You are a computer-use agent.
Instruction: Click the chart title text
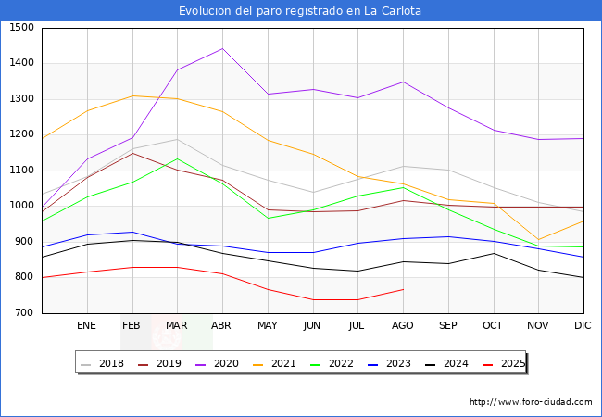pyautogui.click(x=300, y=11)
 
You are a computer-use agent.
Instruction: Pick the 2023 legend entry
pyautogui.click(x=395, y=363)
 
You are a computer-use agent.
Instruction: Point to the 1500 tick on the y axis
pyautogui.click(x=20, y=28)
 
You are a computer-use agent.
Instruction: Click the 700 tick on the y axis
pyautogui.click(x=24, y=313)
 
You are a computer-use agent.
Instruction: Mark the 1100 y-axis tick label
pyautogui.click(x=20, y=171)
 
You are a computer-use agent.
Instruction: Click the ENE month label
pyautogui.click(x=86, y=326)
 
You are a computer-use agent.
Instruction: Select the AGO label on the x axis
pyautogui.click(x=403, y=326)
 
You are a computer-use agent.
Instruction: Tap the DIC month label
pyautogui.click(x=583, y=326)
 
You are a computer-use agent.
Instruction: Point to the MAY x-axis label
pyautogui.click(x=267, y=326)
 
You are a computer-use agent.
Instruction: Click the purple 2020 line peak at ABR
pyautogui.click(x=222, y=48)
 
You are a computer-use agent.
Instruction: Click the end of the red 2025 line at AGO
pyautogui.click(x=403, y=289)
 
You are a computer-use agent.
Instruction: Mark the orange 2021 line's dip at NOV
pyautogui.click(x=538, y=239)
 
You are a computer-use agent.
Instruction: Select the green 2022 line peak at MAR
pyautogui.click(x=177, y=158)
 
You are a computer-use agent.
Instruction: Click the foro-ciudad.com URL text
pyautogui.click(x=531, y=402)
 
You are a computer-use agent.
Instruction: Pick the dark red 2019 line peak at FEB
pyautogui.click(x=132, y=153)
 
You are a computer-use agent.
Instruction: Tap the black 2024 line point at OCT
pyautogui.click(x=494, y=253)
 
